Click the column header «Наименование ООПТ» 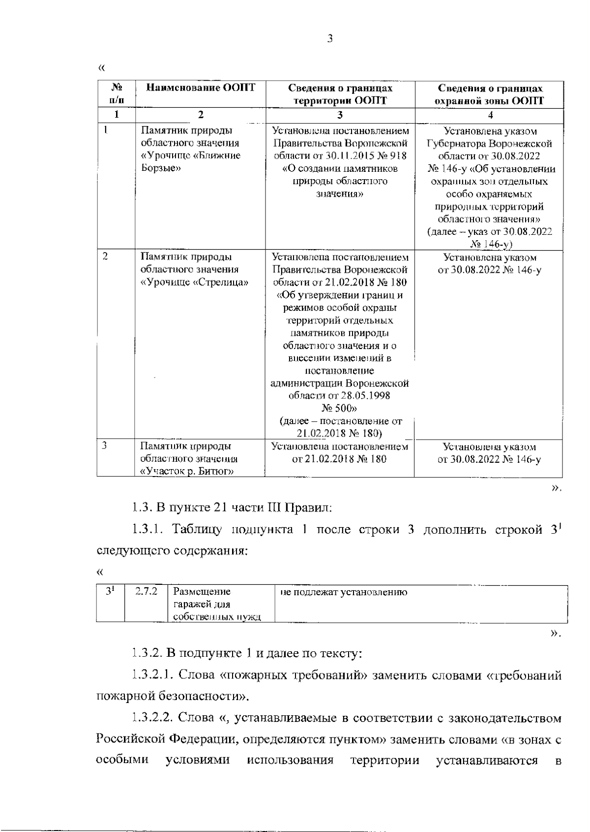[x=201, y=88]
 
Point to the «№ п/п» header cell [x=117, y=94]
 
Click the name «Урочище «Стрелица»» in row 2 [x=194, y=283]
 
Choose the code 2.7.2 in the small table [x=146, y=592]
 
